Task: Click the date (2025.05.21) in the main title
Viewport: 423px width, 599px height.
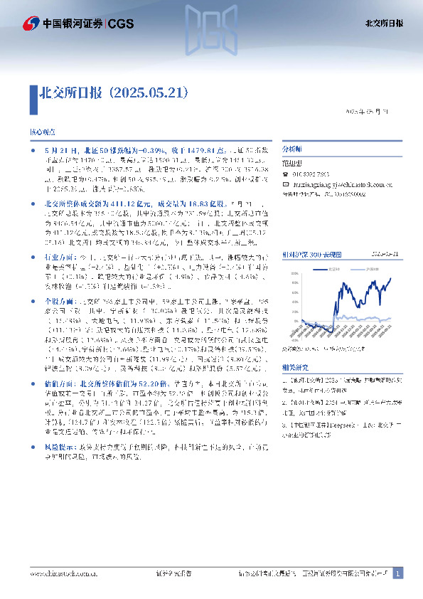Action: point(149,92)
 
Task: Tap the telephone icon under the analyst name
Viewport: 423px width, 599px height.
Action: point(287,175)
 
